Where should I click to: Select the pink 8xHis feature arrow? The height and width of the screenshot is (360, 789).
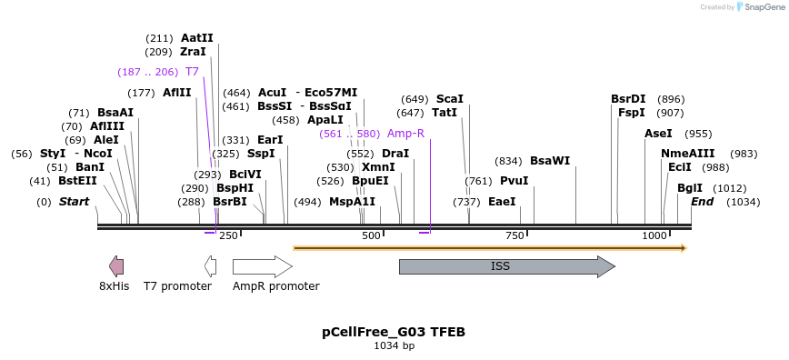tap(116, 266)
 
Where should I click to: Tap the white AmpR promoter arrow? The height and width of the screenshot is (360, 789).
tap(262, 266)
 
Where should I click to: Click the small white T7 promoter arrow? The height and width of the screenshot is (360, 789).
tap(211, 266)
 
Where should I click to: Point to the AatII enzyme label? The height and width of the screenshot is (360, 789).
tap(196, 38)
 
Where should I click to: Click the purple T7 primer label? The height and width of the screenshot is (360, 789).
tap(192, 71)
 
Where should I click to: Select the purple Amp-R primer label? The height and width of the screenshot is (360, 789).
tap(405, 133)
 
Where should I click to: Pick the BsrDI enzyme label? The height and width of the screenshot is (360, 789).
tap(628, 99)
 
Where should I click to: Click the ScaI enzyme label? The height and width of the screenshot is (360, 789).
tap(450, 99)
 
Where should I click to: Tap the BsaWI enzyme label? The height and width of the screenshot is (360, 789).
tap(550, 161)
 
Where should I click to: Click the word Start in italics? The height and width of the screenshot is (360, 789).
tap(74, 201)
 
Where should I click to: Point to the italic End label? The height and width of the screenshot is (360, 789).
tap(702, 201)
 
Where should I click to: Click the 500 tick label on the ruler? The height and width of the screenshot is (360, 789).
tap(371, 236)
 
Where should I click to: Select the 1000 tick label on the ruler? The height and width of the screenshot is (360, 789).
tap(654, 236)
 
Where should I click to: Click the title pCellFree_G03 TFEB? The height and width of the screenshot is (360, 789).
tap(394, 332)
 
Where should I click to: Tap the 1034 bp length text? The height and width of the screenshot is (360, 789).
tap(394, 346)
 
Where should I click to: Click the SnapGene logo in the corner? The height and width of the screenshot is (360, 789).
tap(760, 7)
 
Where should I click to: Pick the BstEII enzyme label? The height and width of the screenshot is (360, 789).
tap(77, 181)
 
